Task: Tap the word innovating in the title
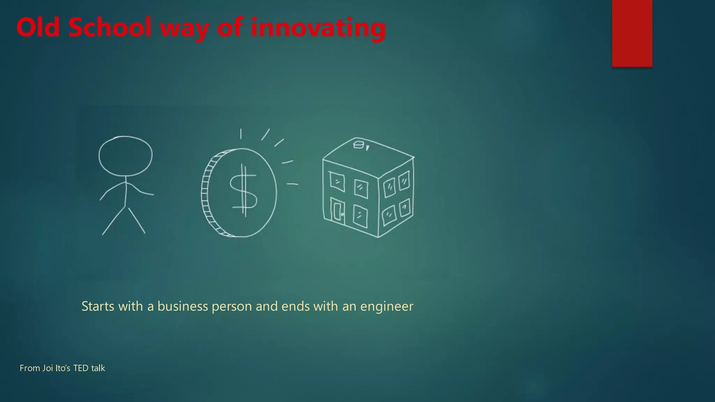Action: [x=318, y=28]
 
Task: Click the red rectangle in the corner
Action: [x=632, y=33]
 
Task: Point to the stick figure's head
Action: [x=125, y=156]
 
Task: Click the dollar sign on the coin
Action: [x=243, y=191]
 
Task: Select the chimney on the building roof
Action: [x=359, y=144]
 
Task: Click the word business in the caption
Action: [x=183, y=306]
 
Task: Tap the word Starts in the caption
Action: [x=98, y=306]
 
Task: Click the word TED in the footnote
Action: [x=81, y=368]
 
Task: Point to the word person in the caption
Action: [x=232, y=307]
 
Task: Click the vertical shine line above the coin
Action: [x=241, y=134]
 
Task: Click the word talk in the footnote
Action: [x=98, y=368]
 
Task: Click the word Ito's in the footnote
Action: [x=63, y=368]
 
